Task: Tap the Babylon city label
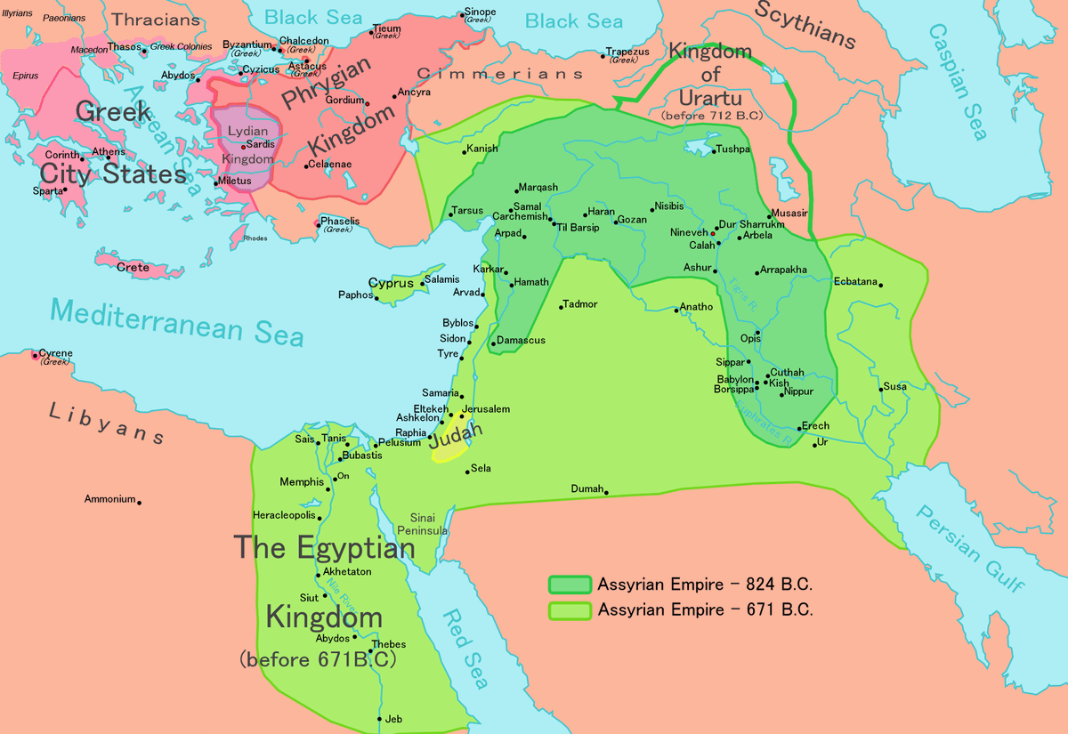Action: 735,380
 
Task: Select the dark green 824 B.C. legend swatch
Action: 570,585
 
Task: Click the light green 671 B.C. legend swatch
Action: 570,610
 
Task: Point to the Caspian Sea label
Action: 958,81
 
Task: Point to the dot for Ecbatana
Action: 879,284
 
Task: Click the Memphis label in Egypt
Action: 302,482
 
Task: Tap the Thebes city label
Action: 389,644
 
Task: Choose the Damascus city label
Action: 521,341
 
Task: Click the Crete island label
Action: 133,267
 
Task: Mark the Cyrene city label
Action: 56,353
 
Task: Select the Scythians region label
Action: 805,25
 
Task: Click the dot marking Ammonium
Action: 139,503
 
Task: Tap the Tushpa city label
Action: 733,150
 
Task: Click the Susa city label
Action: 894,387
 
